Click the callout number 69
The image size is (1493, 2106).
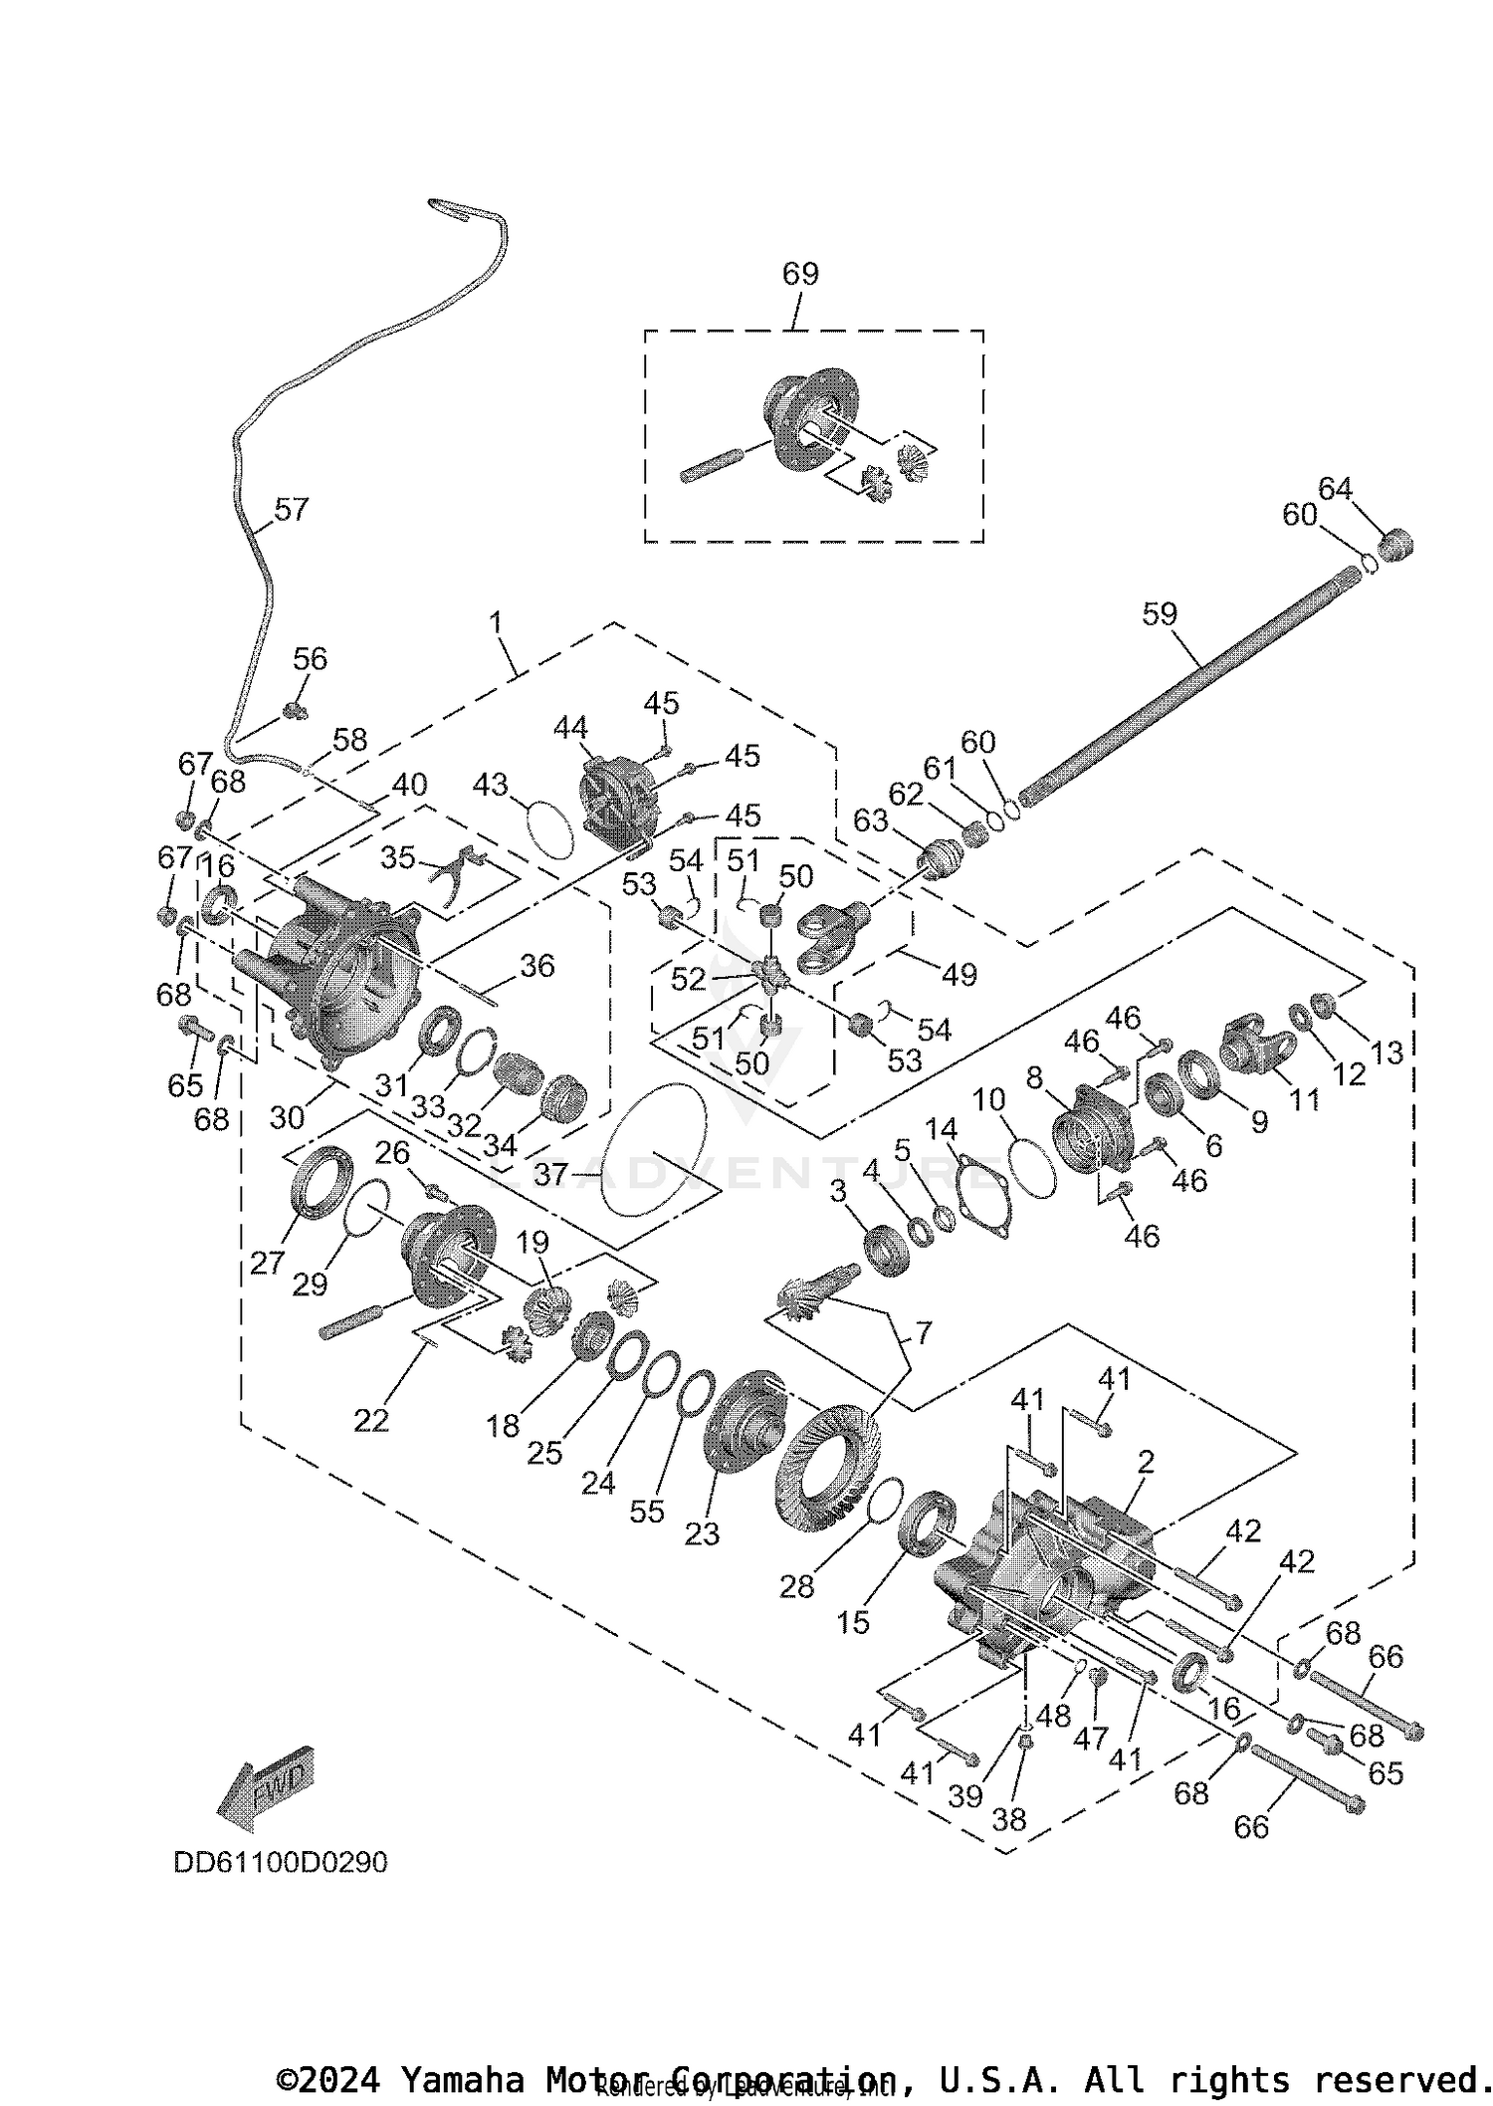tap(800, 274)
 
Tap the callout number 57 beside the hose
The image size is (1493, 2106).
tap(291, 510)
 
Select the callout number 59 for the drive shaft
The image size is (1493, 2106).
tap(1160, 614)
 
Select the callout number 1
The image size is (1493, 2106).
tap(495, 624)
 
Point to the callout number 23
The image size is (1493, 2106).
tap(702, 1533)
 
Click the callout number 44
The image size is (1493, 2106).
tap(570, 728)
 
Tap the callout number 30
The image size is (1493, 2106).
tap(287, 1117)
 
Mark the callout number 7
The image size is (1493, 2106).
tap(923, 1332)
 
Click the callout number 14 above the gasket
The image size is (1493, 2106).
tap(941, 1129)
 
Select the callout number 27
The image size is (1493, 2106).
tap(267, 1263)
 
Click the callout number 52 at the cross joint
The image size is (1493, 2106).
tap(688, 979)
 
